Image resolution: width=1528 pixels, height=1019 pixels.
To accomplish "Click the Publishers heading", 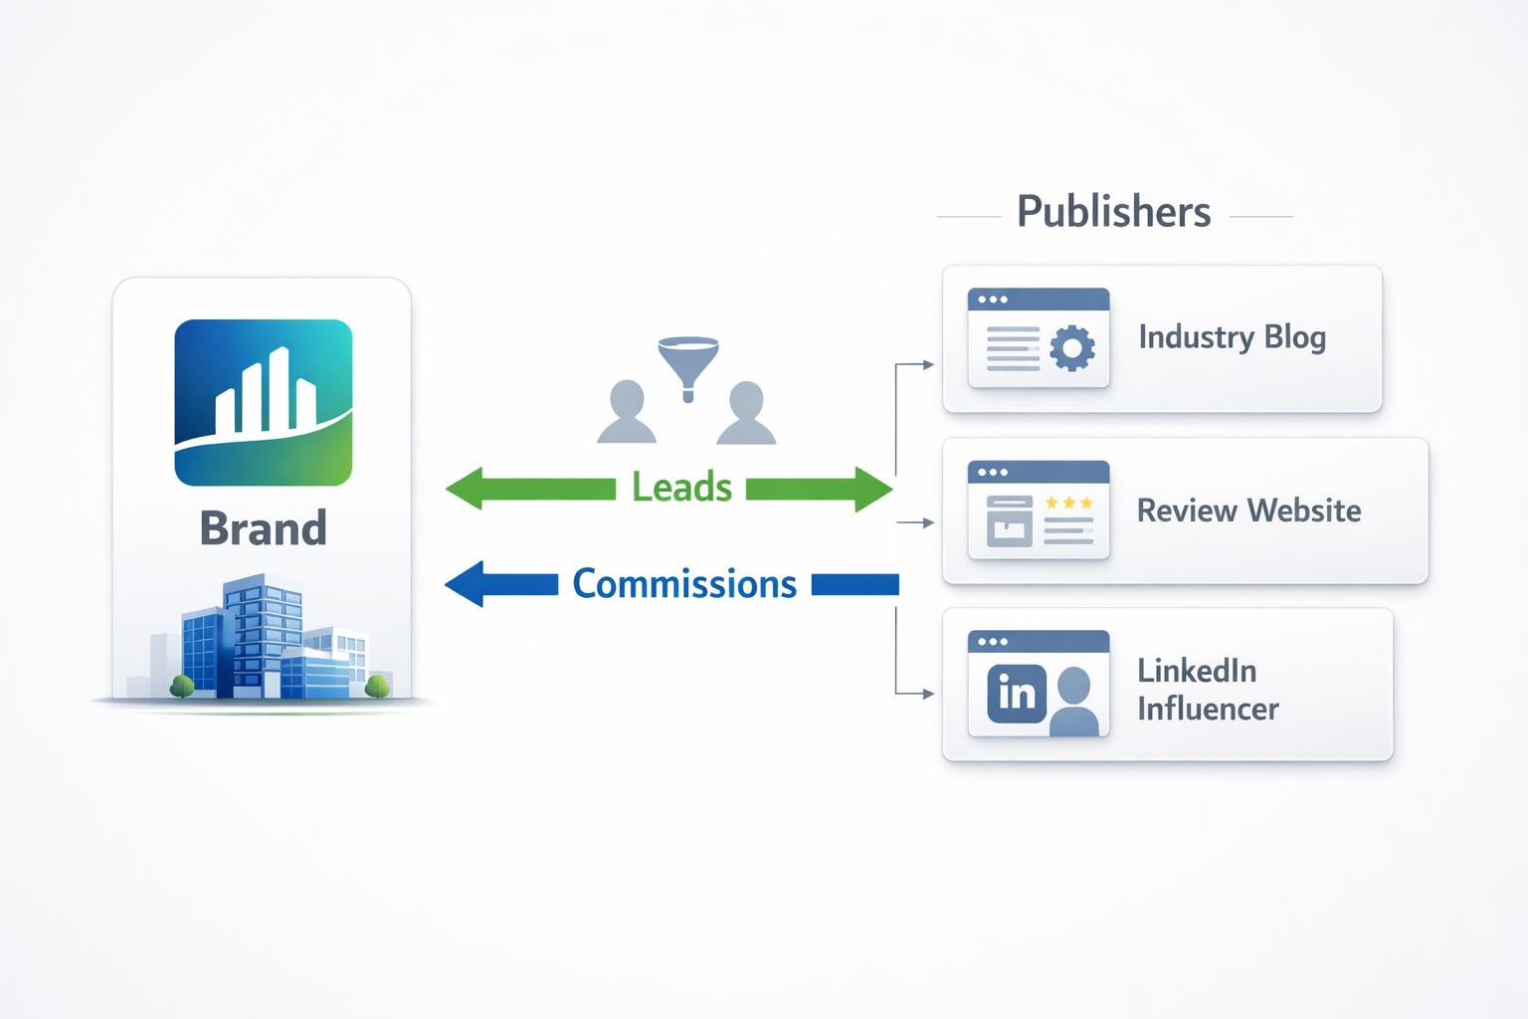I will tap(1113, 212).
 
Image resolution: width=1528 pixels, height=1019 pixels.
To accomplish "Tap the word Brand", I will tap(264, 528).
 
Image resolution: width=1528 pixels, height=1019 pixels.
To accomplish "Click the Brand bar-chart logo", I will tap(264, 402).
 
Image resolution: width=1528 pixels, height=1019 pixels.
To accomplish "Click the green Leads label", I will tap(682, 488).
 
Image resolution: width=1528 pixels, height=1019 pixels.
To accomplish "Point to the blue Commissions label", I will tap(684, 584).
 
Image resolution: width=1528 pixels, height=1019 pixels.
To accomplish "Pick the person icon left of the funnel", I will tap(627, 412).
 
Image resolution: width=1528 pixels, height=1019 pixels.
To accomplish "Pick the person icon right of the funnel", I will tap(746, 414).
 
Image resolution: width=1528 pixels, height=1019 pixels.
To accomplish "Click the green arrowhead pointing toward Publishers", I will tap(872, 489).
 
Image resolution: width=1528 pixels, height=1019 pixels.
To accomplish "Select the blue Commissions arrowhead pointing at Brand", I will tap(466, 584).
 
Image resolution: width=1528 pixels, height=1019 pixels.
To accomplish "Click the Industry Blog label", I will tap(1232, 337).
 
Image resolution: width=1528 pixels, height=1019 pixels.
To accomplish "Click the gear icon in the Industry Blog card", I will tap(1072, 348).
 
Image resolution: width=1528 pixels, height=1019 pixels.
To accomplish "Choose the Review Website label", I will tap(1248, 510).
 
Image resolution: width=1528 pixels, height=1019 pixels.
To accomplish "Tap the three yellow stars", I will tap(1069, 503).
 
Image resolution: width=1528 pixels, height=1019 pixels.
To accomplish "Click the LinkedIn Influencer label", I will tap(1208, 690).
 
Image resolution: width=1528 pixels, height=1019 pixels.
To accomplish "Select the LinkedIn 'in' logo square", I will tap(1017, 694).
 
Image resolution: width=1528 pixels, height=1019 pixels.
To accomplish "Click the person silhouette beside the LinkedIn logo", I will tap(1074, 702).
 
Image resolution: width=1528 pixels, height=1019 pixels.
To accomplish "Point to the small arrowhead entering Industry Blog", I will tap(928, 365).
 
